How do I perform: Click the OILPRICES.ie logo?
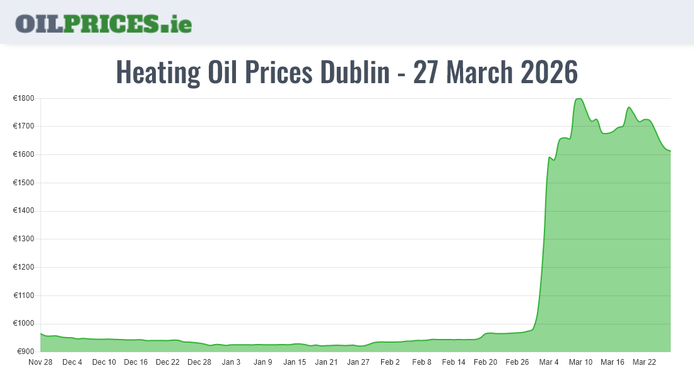103,23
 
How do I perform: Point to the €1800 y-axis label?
23,98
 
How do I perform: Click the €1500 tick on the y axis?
23,183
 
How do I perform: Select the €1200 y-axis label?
23,267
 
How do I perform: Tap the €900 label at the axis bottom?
25,352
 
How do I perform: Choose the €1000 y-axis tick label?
23,324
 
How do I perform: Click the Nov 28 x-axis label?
40,362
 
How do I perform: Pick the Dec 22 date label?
168,362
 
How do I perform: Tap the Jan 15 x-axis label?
295,362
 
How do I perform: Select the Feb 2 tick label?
390,362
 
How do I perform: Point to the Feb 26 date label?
517,362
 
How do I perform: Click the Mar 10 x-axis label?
580,362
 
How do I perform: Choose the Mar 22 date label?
644,362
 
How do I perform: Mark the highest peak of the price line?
579,99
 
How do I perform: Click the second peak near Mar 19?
628,107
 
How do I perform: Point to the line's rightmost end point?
671,151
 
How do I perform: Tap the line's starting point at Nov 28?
41,334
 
